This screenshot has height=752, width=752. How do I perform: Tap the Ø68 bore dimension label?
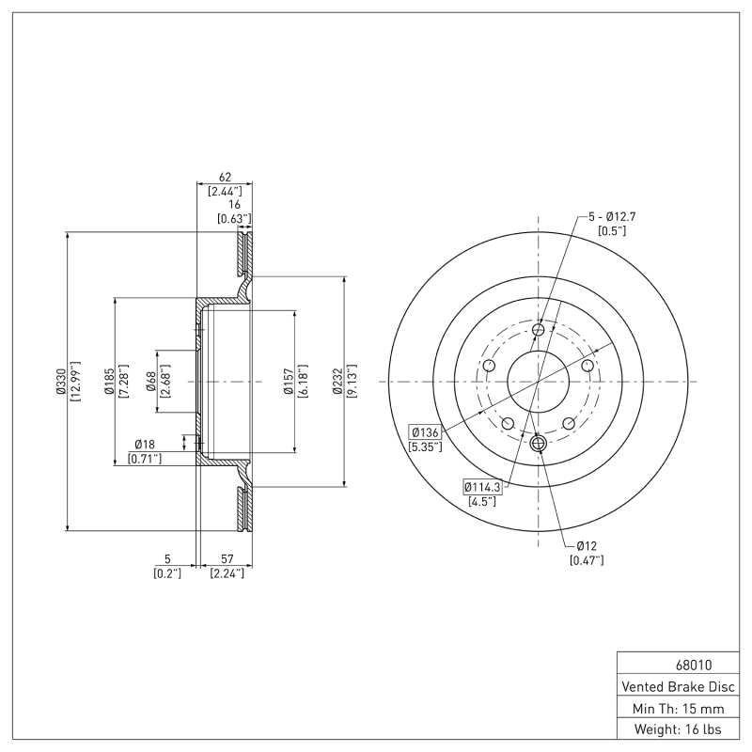[151, 382]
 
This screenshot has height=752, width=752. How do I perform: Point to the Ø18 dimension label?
[145, 444]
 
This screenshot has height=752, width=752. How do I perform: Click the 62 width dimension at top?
[225, 177]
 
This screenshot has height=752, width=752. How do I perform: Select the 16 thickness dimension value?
[234, 204]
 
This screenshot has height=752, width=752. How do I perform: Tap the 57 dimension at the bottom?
[227, 558]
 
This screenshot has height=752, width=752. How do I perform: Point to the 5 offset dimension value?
[167, 558]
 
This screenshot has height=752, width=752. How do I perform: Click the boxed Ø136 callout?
[424, 431]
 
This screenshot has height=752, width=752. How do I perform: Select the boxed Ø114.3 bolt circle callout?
[483, 486]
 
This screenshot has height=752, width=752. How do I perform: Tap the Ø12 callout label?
[587, 545]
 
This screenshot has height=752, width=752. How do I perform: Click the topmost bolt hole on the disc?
[539, 329]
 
